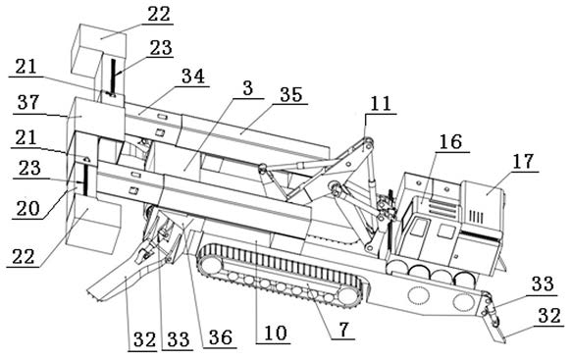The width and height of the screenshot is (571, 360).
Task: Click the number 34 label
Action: (193, 77)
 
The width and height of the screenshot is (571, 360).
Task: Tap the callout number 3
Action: (248, 88)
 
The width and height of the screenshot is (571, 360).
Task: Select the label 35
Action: (291, 94)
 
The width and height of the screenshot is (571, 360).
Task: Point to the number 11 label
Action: (381, 104)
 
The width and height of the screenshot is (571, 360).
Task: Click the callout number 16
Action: (450, 141)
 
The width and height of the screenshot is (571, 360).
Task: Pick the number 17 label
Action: (523, 161)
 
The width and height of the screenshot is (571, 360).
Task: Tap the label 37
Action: (28, 103)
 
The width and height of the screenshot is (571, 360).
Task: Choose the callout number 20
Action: (27, 209)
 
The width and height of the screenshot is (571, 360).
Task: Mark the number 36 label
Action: (221, 337)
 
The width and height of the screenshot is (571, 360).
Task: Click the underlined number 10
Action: (276, 334)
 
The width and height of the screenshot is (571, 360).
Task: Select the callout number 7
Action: (343, 330)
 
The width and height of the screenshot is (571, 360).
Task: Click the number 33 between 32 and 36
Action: (179, 339)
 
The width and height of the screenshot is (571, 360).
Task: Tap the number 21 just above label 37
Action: (26, 67)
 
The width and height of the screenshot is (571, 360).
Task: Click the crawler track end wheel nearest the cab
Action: (346, 295)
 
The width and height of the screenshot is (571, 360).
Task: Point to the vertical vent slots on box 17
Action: (476, 217)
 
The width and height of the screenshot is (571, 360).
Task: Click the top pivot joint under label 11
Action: (368, 142)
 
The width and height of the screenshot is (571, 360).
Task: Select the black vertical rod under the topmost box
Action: (114, 77)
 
